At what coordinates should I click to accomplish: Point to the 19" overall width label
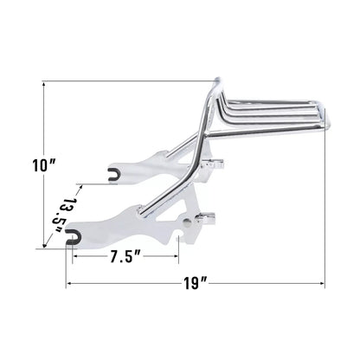(196, 282)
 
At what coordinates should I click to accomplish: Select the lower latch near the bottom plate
(209, 222)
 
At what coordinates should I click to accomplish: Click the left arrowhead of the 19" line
(67, 282)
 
